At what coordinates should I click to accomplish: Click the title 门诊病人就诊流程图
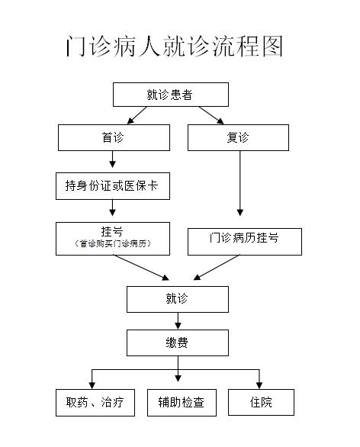click(175, 47)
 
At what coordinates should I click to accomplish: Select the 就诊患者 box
click(171, 95)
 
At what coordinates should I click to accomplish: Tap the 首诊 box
click(114, 137)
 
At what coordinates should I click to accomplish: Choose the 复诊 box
click(238, 137)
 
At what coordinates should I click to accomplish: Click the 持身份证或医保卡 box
click(113, 186)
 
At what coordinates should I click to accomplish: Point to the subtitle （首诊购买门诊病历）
click(113, 244)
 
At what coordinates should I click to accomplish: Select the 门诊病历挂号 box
click(245, 242)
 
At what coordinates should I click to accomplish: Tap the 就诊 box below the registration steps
click(178, 299)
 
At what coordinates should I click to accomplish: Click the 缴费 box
click(178, 342)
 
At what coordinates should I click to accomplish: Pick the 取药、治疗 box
click(95, 403)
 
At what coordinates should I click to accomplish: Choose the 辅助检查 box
click(182, 403)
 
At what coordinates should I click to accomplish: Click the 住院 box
click(261, 402)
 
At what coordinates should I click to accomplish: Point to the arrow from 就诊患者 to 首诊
click(137, 115)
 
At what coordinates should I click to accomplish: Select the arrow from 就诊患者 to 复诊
click(211, 115)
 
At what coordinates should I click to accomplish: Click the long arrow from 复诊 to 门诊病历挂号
click(240, 183)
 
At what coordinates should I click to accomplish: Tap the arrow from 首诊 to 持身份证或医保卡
click(112, 159)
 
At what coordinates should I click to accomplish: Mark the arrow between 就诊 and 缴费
click(178, 321)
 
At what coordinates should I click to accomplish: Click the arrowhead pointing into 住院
click(259, 385)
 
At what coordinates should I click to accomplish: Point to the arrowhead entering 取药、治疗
click(92, 385)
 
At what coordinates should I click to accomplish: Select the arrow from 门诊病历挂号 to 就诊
click(216, 268)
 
